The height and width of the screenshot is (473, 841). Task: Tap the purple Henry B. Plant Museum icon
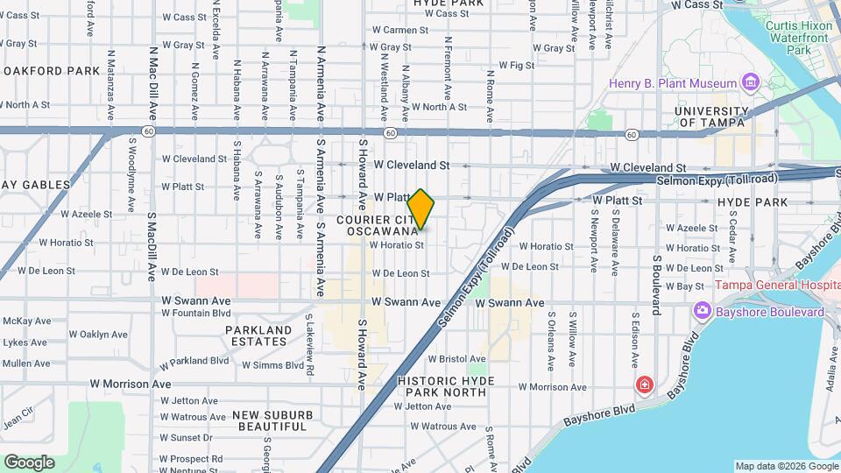pos(749,83)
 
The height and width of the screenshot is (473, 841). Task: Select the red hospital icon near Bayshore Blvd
pos(645,385)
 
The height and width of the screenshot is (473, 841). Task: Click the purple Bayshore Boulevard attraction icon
pos(702,312)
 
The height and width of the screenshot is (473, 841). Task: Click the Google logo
pos(29,462)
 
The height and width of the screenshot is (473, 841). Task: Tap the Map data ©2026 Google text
pos(786,466)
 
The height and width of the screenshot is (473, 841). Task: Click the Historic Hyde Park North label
pos(446,386)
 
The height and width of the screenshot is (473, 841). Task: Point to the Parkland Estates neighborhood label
pos(258,335)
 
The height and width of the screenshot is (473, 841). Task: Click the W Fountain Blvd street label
pos(196,313)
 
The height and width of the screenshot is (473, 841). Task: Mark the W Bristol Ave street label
pos(456,359)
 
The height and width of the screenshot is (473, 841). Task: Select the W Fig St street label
pos(516,66)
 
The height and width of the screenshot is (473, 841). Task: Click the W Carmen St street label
pos(399,30)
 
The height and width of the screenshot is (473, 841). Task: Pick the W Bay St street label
pos(685,286)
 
